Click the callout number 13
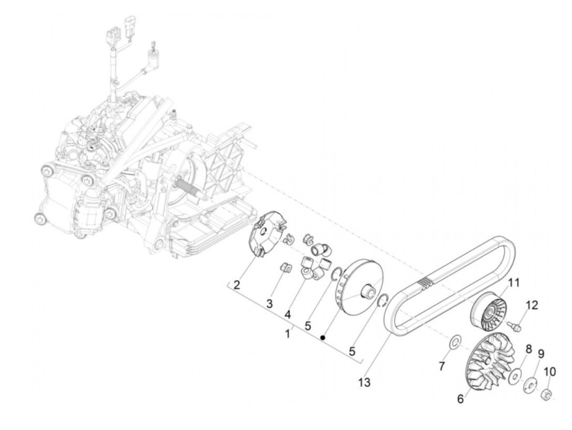(x=364, y=383)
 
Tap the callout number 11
(x=513, y=282)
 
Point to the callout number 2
(x=237, y=285)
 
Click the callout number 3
(x=269, y=304)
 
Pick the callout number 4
(x=288, y=314)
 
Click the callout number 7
(x=441, y=367)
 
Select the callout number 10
(x=550, y=372)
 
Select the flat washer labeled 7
(x=454, y=342)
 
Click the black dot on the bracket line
(x=323, y=338)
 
